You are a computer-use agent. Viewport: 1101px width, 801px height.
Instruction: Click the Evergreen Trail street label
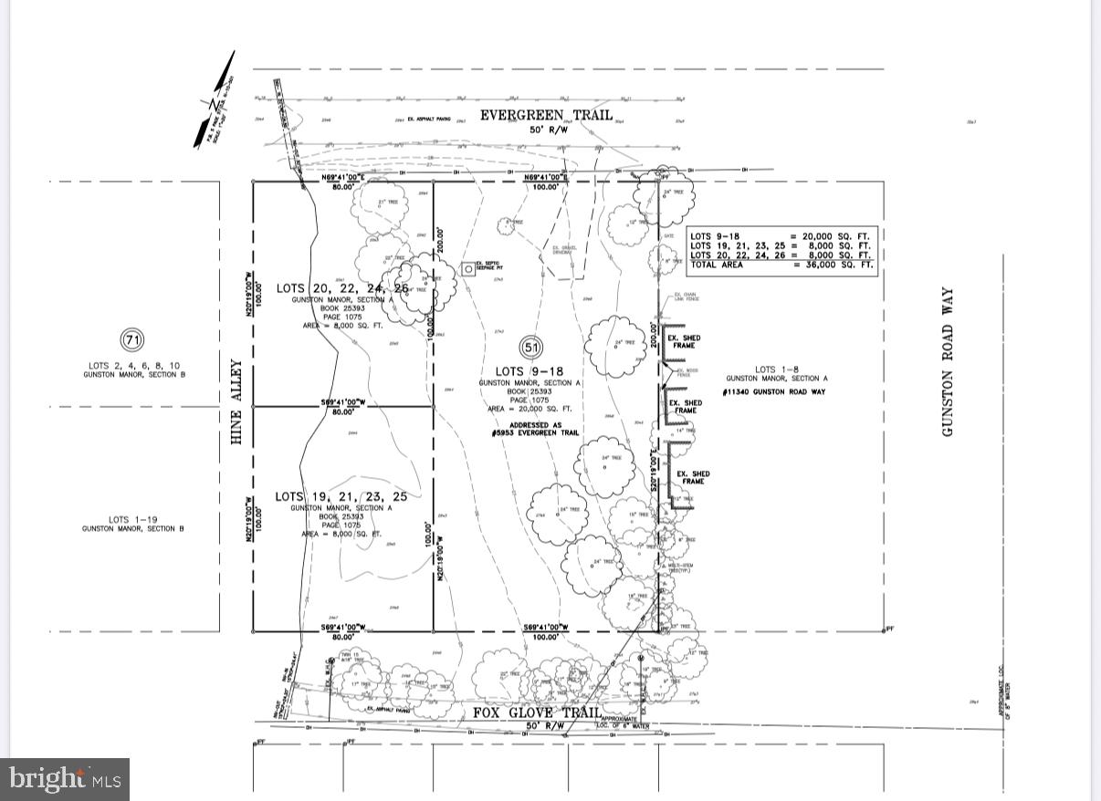click(x=546, y=116)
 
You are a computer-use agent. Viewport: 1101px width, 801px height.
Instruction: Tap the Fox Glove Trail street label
click(x=536, y=713)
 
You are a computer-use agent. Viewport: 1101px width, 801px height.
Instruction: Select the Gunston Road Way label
click(x=948, y=362)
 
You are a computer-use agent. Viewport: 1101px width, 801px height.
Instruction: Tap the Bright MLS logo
click(x=65, y=779)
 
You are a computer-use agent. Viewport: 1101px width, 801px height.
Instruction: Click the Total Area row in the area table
click(x=781, y=265)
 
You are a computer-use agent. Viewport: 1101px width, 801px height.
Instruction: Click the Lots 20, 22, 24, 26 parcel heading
click(x=342, y=288)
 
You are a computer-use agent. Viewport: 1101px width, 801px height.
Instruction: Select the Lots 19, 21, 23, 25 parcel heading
click(x=341, y=496)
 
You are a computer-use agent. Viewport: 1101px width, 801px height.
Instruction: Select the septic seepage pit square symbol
click(x=467, y=269)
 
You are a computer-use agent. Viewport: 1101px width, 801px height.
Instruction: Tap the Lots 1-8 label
click(x=777, y=369)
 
